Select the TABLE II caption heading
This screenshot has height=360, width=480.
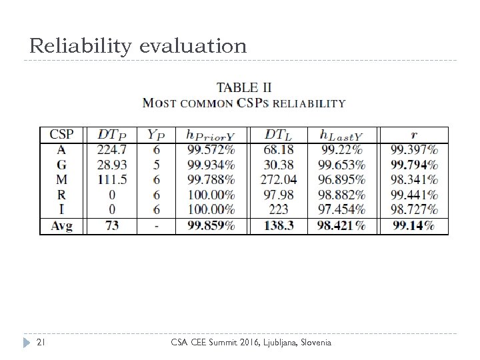click(244, 87)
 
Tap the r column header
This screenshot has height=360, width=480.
click(415, 134)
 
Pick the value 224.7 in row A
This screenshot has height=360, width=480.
click(112, 149)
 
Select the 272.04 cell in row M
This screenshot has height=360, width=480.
click(279, 180)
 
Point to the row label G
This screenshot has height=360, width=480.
click(61, 165)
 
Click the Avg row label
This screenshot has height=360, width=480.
click(61, 226)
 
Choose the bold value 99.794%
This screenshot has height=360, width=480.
click(414, 165)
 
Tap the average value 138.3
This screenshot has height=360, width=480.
click(279, 226)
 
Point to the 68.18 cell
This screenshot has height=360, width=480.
click(279, 149)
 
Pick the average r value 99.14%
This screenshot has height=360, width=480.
click(414, 226)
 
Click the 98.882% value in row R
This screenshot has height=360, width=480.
click(342, 195)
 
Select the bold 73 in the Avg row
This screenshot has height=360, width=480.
click(112, 226)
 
